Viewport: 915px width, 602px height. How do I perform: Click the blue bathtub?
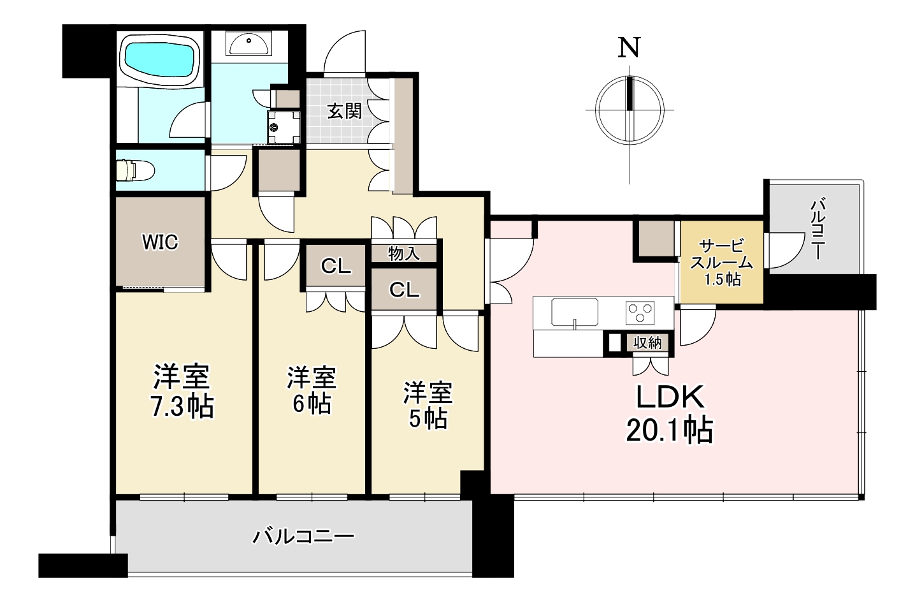coord(160,61)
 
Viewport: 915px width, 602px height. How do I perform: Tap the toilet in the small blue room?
coord(135,169)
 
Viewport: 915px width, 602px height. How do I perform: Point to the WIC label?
coord(160,242)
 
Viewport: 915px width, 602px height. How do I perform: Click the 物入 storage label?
coord(403,254)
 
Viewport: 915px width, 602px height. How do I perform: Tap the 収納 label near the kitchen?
coord(647,343)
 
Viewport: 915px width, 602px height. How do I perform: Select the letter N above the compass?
coord(629,48)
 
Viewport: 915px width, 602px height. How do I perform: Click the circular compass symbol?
coord(630,110)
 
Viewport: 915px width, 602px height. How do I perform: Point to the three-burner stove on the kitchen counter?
coord(640,312)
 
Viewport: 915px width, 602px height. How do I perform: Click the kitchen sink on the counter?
coord(574,312)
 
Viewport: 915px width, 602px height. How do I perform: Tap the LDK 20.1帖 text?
coord(670,413)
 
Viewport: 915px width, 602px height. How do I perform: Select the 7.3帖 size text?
coord(182,407)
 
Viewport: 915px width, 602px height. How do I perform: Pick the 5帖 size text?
coord(428,419)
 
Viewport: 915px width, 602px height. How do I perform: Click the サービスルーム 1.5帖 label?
coord(721,262)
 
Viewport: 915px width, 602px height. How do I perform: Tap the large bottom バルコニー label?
coord(303,536)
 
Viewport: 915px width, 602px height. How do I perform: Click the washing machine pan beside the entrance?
coord(284,127)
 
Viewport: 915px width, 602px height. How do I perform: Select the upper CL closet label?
coord(336,267)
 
